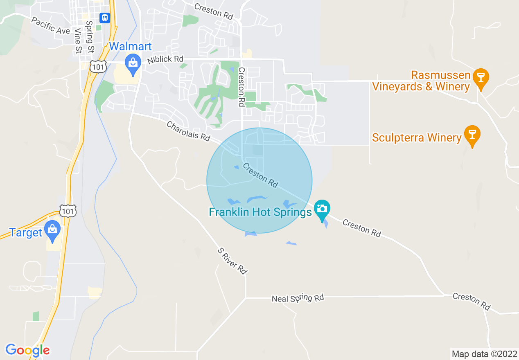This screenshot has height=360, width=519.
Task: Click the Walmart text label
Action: pos(130,46)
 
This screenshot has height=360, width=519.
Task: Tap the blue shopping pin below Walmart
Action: pos(133,64)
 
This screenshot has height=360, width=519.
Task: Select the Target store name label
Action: pos(26,233)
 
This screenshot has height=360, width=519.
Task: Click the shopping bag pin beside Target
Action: pos(52,230)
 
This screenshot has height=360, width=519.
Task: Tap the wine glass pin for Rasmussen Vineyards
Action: pos(481,77)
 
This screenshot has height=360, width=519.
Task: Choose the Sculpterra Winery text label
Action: pos(417,137)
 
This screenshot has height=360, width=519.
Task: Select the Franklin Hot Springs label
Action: pos(260,212)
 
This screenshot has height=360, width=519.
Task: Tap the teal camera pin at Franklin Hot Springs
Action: pos(322,209)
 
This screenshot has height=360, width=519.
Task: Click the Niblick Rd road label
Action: pos(165,59)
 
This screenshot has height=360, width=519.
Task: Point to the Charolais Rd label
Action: pos(188,131)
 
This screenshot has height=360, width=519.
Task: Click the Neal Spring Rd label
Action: pos(298,298)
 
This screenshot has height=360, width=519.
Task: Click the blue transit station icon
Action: pos(105,18)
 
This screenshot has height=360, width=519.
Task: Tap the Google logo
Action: pos(27,350)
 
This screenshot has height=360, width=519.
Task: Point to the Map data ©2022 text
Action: pos(483,354)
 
